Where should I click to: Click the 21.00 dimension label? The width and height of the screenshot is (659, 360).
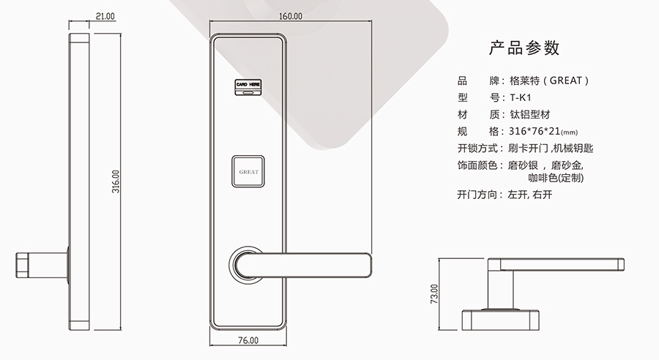(x=105, y=16)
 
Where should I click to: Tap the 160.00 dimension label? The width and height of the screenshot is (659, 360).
(x=291, y=16)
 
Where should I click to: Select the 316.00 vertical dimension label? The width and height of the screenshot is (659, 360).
(x=116, y=181)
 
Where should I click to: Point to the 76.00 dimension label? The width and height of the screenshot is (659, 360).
(x=248, y=340)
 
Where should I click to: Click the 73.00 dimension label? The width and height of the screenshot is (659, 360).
(x=434, y=294)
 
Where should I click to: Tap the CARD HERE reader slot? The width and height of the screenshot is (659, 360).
(x=248, y=87)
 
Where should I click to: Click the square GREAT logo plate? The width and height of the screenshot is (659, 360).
(x=248, y=171)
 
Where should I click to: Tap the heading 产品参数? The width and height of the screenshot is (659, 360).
(x=524, y=48)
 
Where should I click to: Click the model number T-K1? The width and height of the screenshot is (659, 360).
(x=521, y=98)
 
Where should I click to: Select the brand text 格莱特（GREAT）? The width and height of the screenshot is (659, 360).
(x=549, y=80)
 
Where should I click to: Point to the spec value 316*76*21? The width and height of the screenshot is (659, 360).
(x=535, y=132)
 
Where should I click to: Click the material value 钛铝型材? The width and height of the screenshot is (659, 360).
(x=530, y=115)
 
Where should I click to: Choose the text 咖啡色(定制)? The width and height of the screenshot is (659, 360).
(x=556, y=178)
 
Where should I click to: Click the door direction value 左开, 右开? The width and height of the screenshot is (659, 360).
(x=530, y=195)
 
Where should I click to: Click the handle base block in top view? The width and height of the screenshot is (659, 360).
(x=501, y=320)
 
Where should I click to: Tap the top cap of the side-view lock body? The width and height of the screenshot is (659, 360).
(x=79, y=39)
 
